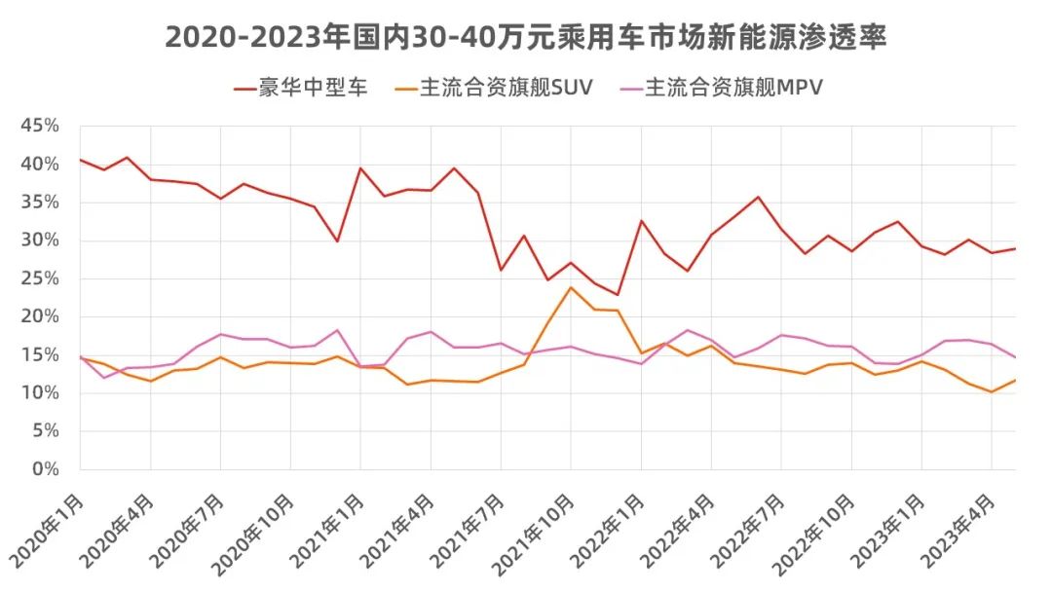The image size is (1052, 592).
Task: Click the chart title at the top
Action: click(526, 37)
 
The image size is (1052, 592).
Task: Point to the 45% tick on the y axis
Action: click(41, 127)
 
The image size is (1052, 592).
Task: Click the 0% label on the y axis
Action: click(47, 469)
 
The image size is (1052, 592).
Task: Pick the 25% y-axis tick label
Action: click(41, 278)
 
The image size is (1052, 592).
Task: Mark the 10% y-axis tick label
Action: click(41, 393)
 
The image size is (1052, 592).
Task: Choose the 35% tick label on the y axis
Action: click(41, 203)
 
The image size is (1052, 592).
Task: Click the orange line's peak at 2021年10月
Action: click(571, 287)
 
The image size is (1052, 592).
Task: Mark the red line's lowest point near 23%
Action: click(618, 295)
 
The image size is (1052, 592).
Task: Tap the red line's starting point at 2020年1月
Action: click(80, 160)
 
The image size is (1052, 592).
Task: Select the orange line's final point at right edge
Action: click(1015, 380)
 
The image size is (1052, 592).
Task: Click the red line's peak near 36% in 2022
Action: click(758, 197)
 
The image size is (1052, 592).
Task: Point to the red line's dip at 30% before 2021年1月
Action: click(337, 241)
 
